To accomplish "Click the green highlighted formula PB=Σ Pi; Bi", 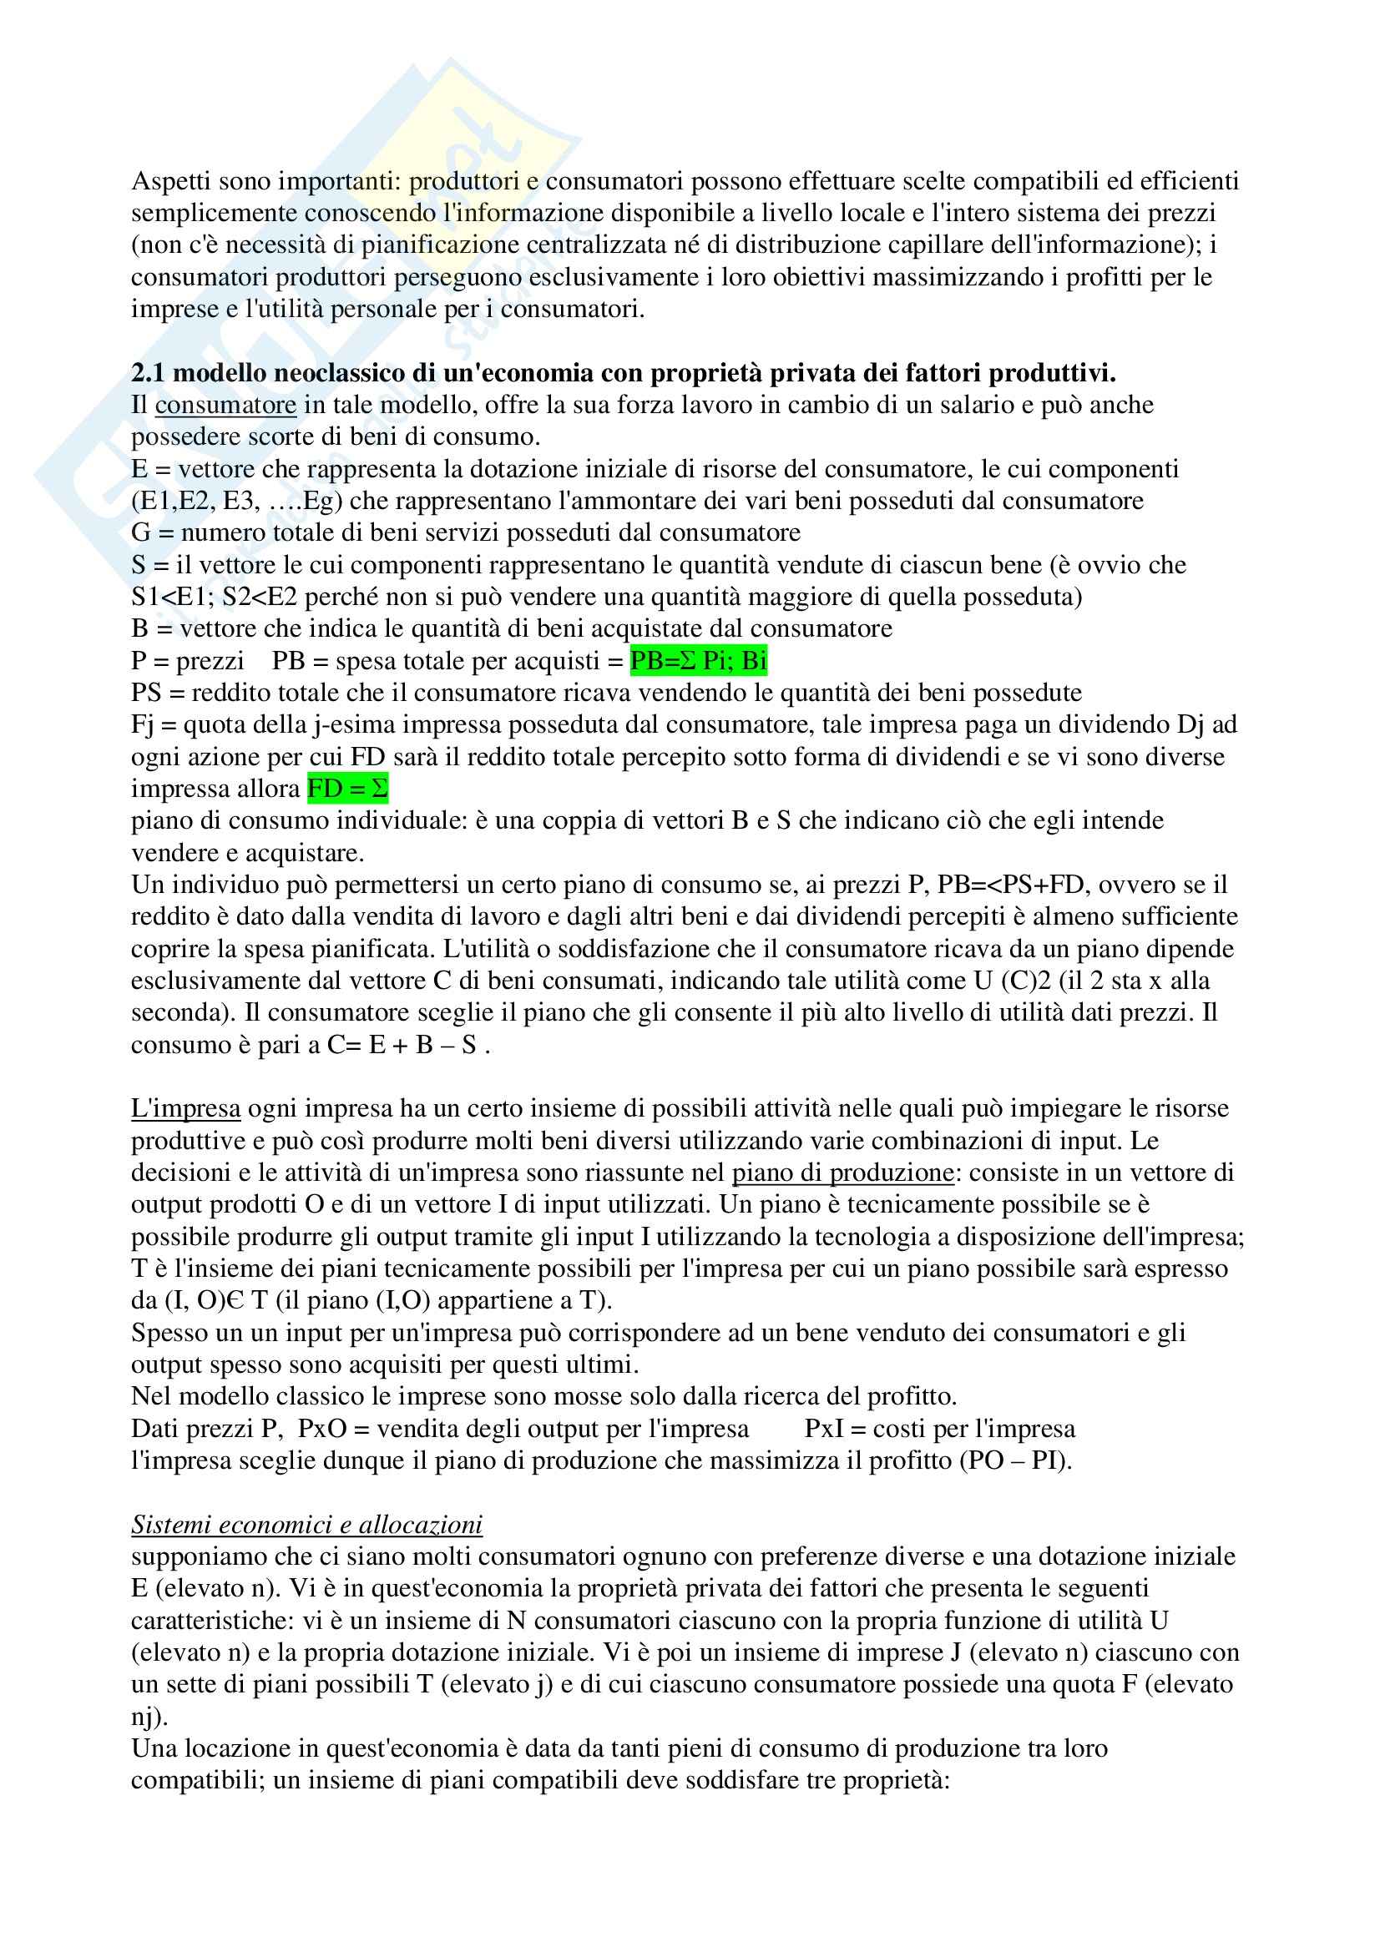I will click(698, 661).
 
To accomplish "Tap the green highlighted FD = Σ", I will click(347, 789).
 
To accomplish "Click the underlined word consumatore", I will click(225, 405).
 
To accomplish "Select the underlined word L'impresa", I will click(185, 1108).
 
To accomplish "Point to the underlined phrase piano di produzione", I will click(842, 1173).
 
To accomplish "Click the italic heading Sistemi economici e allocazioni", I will click(306, 1525).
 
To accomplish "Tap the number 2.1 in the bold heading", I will click(148, 372).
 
